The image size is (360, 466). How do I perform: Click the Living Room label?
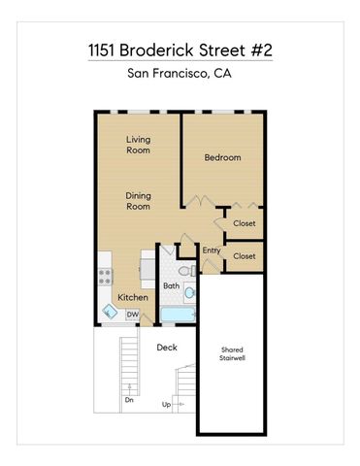pos(139,146)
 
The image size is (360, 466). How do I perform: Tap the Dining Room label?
pos(139,200)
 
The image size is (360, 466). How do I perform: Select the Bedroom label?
pos(222,157)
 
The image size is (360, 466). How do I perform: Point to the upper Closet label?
pos(245,223)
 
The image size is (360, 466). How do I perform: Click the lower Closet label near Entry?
pos(245,256)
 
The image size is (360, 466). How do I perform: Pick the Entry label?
pos(212,251)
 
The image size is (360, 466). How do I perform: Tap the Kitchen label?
pos(133,297)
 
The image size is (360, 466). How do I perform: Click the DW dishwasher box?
pos(132,314)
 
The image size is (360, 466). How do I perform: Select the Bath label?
pos(171,285)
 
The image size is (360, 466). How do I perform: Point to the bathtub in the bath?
pos(178,316)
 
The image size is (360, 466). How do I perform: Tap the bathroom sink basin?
pos(190,292)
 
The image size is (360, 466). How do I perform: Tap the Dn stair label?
pos(128,399)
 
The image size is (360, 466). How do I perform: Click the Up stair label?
pos(166,404)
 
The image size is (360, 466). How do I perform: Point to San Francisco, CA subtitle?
pos(180,74)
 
